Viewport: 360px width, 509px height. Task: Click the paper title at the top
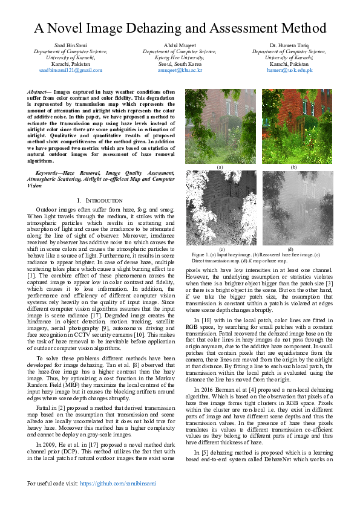point(180,28)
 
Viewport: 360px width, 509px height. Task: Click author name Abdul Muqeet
point(180,46)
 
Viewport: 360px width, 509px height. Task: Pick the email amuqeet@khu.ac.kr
point(180,70)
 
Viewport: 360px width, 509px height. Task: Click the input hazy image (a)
point(220,125)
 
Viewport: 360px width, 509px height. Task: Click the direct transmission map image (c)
point(220,207)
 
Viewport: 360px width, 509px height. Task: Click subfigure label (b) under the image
point(293,167)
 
